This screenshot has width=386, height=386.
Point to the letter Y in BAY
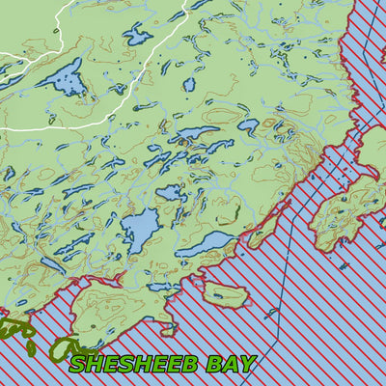pyautogui.click(x=247, y=364)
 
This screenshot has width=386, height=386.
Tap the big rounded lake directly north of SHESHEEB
pyautogui.click(x=140, y=229)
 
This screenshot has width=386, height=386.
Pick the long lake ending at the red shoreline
pyautogui.click(x=205, y=242)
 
